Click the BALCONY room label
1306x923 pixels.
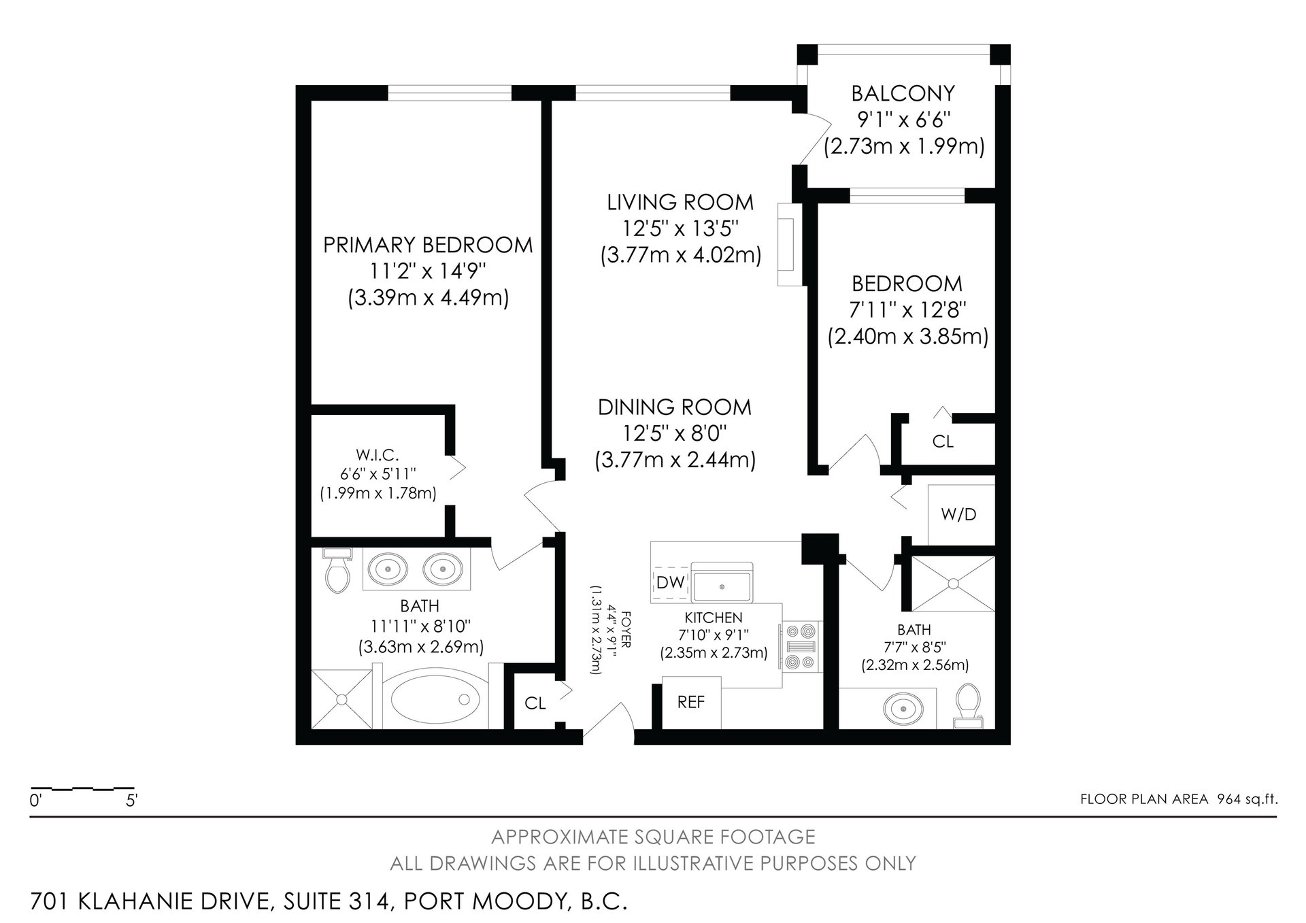pos(903,93)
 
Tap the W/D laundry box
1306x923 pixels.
pos(960,514)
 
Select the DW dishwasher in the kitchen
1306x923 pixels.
pos(670,582)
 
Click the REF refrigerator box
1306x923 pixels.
pos(691,702)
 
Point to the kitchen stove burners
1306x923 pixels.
pos(801,646)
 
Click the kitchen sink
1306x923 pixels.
pos(722,582)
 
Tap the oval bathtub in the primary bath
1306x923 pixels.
pos(432,700)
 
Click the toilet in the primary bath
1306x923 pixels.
pos(337,571)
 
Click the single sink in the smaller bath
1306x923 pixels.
pos(903,708)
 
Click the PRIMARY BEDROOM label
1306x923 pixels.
pos(428,245)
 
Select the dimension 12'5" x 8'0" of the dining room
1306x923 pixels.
pos(675,434)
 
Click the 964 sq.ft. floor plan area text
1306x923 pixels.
pos(1243,799)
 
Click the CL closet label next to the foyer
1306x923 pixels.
pos(535,703)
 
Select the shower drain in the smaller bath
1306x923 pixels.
pos(953,583)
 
